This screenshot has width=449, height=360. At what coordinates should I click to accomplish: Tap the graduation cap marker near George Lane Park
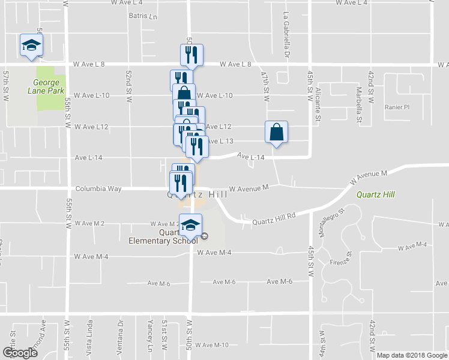pos(31,46)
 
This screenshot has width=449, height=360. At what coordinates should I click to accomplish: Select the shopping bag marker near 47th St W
pos(276,133)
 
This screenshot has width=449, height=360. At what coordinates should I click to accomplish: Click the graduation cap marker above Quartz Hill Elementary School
pos(190,226)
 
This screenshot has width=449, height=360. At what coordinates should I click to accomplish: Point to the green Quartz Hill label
pos(375,194)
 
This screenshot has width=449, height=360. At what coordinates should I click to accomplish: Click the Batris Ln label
pos(142,17)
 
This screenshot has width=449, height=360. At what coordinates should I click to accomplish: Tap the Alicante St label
pos(318,99)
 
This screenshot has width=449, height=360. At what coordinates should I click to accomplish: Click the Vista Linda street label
pos(91,340)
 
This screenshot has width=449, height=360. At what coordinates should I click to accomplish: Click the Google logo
pos(19,353)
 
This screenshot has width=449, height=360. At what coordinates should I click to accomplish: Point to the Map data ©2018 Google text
pos(411,355)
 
